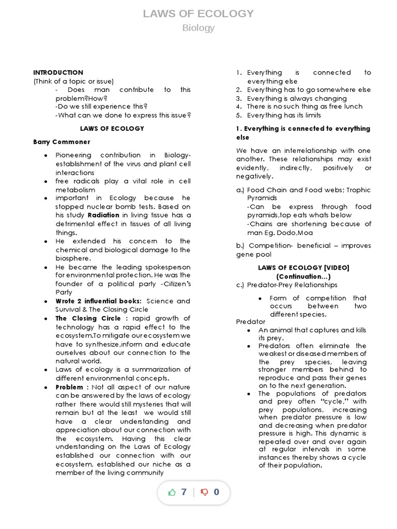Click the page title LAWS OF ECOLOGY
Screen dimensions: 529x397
click(198, 13)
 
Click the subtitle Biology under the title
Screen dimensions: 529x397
click(198, 28)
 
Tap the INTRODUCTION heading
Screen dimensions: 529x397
click(58, 73)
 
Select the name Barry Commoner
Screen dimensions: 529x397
click(62, 142)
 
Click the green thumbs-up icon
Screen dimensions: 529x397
click(172, 492)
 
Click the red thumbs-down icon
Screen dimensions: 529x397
click(204, 492)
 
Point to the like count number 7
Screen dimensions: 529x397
click(184, 492)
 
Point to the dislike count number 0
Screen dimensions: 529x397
click(216, 492)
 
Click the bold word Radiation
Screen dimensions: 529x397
click(103, 215)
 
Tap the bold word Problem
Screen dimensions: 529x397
click(70, 387)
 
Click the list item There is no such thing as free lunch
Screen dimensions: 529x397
click(304, 107)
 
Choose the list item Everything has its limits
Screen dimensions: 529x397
click(284, 115)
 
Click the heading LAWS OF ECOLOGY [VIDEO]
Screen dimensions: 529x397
click(303, 268)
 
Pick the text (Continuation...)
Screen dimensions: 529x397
click(303, 276)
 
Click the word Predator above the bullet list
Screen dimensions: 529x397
click(250, 322)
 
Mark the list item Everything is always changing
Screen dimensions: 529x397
click(297, 98)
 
